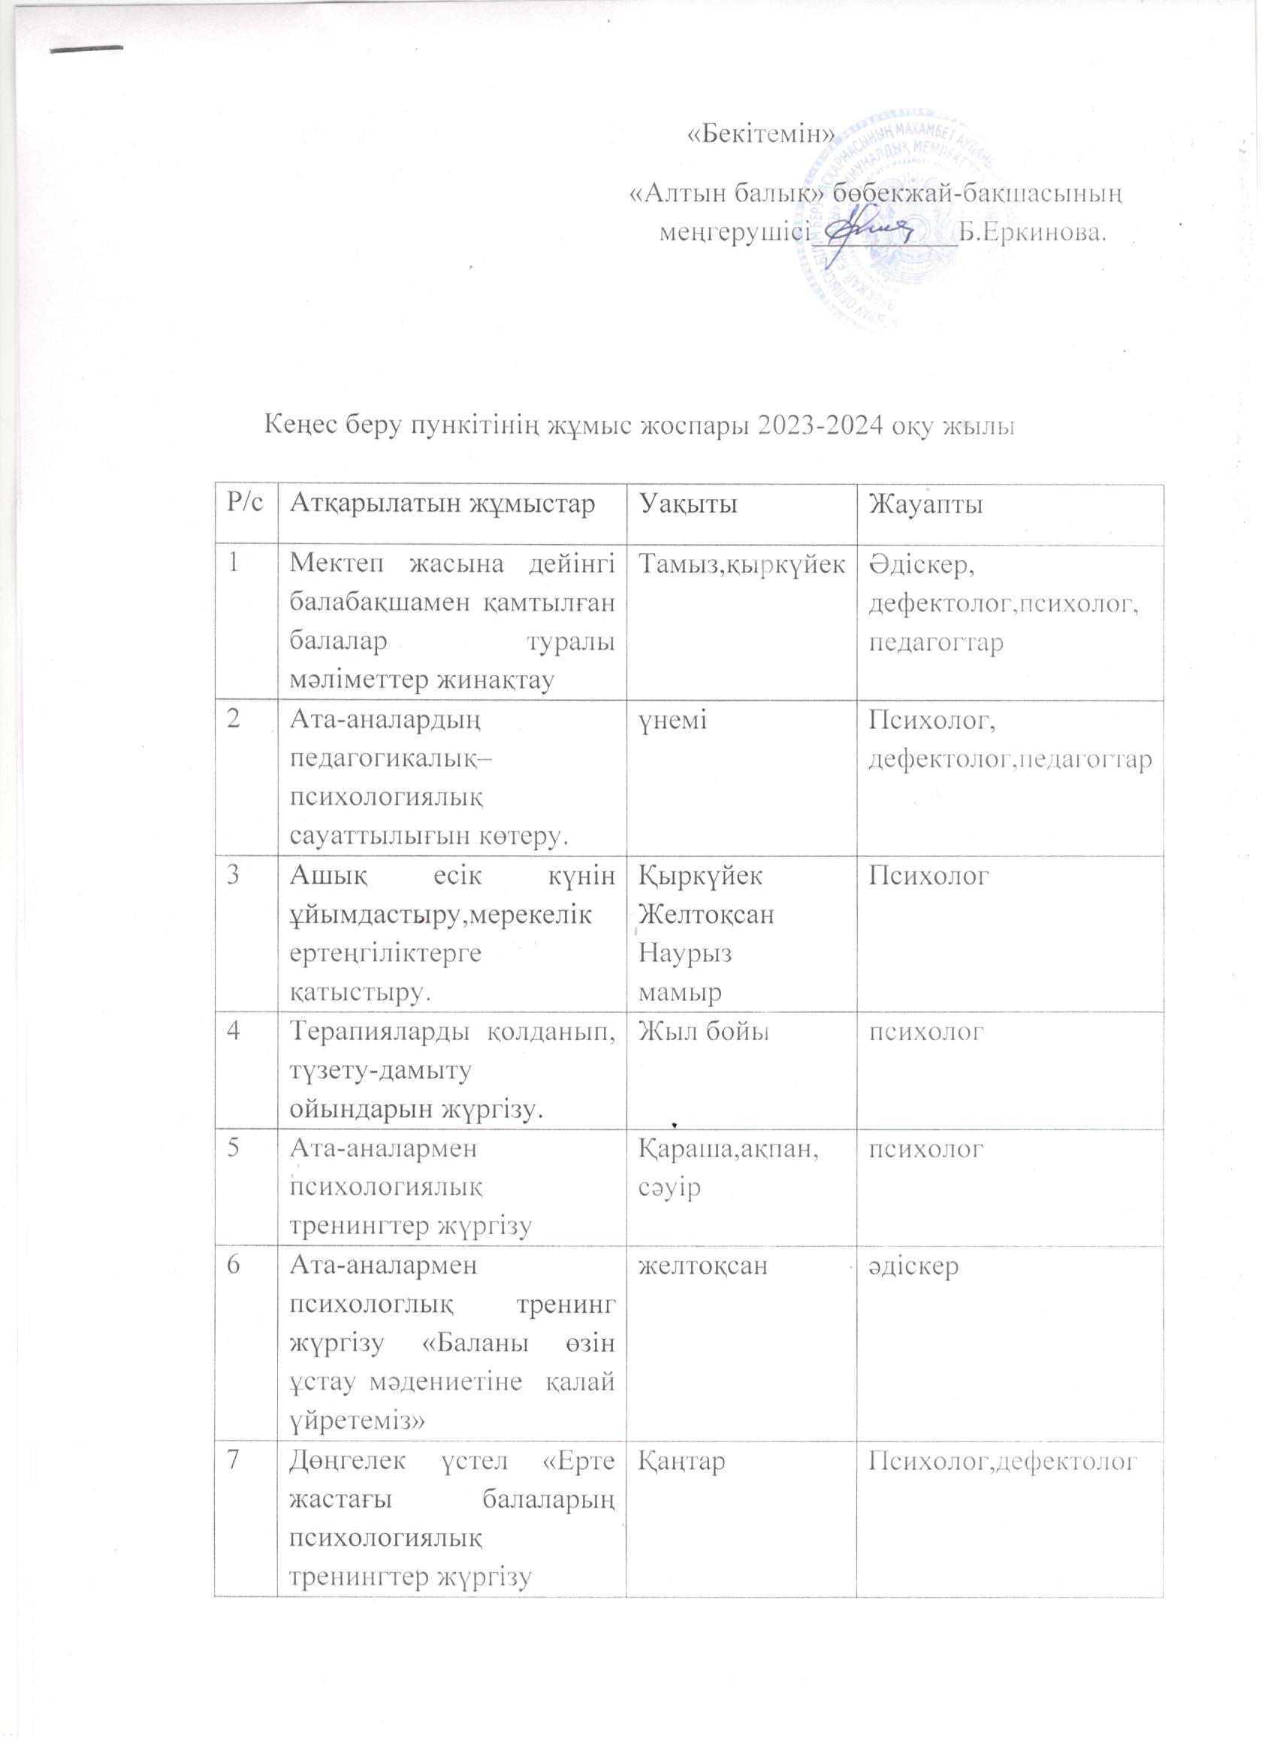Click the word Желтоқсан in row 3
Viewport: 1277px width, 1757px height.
click(x=706, y=915)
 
